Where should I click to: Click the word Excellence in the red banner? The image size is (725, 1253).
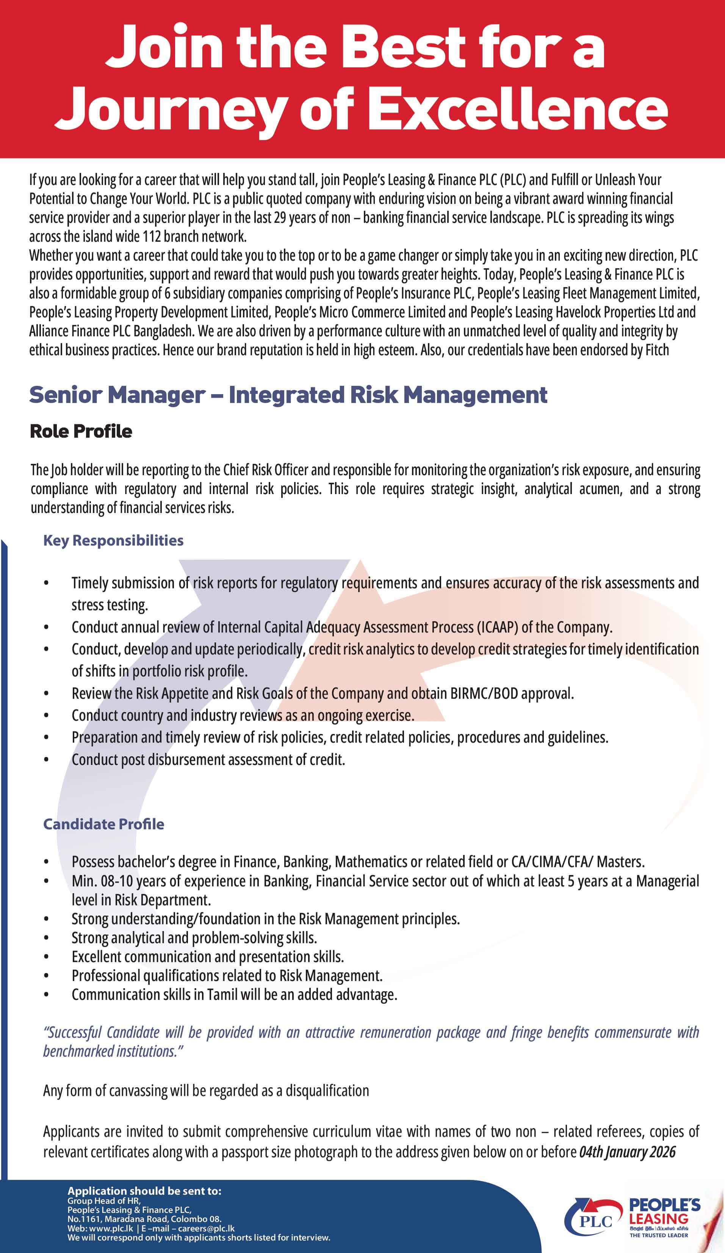pyautogui.click(x=517, y=108)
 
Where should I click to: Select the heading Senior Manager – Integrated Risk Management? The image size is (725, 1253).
pyautogui.click(x=288, y=395)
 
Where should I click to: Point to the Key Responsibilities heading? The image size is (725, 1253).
pyautogui.click(x=113, y=540)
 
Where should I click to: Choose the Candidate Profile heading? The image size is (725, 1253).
pyautogui.click(x=103, y=824)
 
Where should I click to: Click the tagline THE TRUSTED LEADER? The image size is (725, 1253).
pyautogui.click(x=659, y=1235)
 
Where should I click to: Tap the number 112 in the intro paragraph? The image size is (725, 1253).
pyautogui.click(x=151, y=236)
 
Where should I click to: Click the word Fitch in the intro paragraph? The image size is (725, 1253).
pyautogui.click(x=657, y=350)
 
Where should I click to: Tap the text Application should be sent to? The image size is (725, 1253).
pyautogui.click(x=144, y=1191)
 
